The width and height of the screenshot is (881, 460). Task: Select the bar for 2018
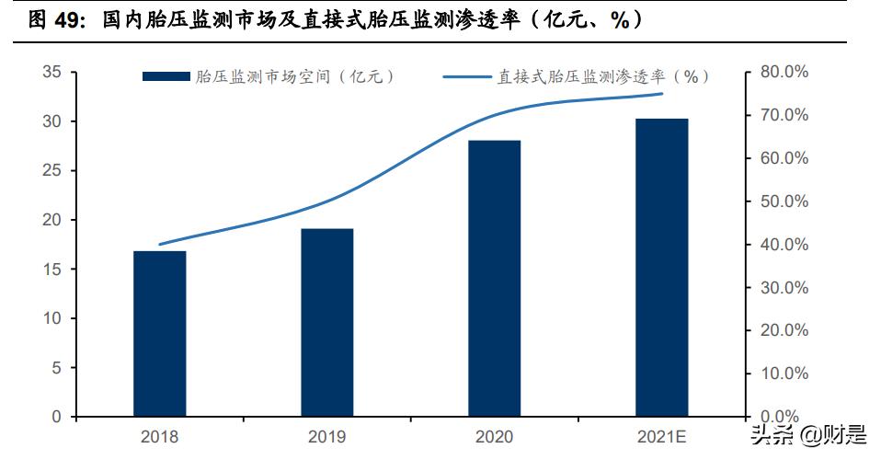click(160, 333)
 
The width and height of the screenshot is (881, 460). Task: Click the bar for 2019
click(326, 322)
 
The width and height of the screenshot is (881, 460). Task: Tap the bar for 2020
click(494, 278)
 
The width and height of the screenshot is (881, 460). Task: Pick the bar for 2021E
click(661, 267)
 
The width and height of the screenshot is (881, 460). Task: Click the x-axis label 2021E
click(661, 436)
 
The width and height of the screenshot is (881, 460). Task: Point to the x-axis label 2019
click(326, 436)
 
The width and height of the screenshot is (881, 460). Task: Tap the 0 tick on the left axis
click(56, 417)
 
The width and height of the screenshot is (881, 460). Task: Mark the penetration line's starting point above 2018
click(160, 244)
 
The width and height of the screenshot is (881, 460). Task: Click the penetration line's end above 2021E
click(661, 94)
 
